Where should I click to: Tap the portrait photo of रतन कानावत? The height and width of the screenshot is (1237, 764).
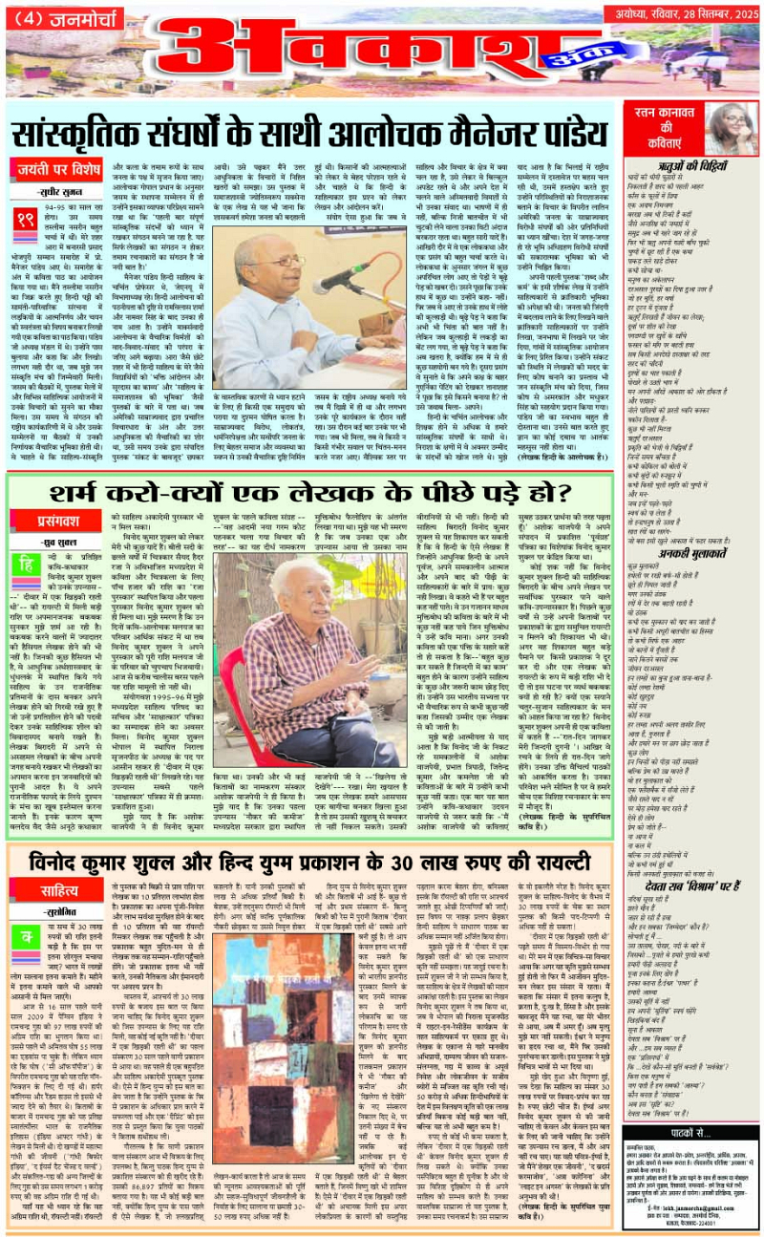coord(727,128)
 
